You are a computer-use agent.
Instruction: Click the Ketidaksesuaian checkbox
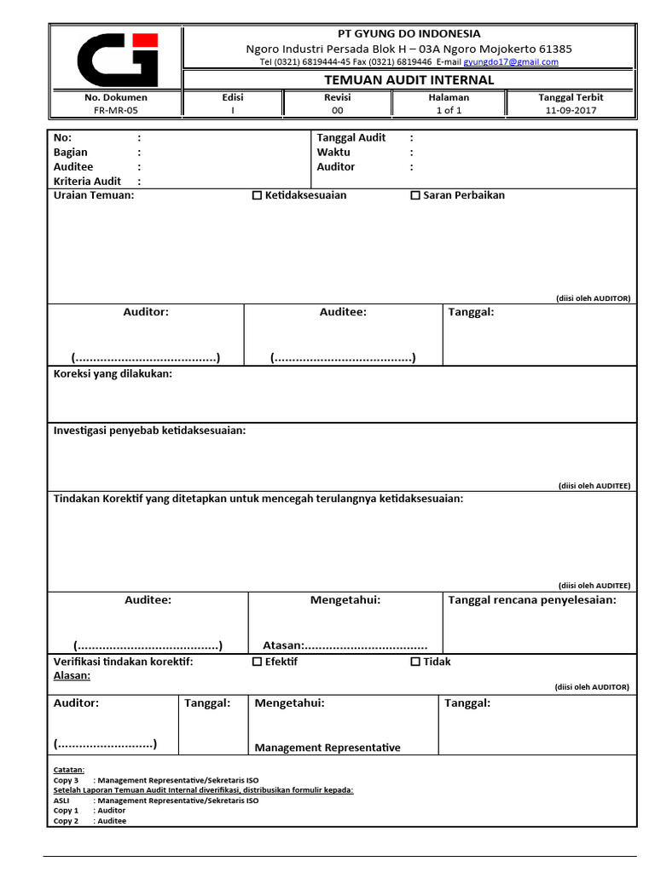coord(258,195)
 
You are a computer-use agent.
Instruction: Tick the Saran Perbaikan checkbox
coord(415,195)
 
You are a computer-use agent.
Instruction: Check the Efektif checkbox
coord(258,662)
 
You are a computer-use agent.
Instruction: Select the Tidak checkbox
coord(415,662)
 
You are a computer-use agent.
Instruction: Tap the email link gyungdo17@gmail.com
coord(511,62)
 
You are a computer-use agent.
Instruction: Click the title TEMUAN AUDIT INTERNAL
coord(409,80)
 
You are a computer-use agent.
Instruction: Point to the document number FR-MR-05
coord(115,110)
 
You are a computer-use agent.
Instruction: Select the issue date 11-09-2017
coord(571,110)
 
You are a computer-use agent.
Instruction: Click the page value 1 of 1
coord(449,110)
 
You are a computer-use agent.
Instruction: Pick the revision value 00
coord(337,110)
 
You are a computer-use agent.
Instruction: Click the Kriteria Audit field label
coord(87,182)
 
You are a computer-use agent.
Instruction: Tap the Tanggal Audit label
coord(351,137)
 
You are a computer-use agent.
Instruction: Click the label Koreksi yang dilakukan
coord(113,373)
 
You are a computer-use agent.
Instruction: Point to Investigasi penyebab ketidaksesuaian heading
coord(149,431)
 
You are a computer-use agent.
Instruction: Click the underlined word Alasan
coord(72,675)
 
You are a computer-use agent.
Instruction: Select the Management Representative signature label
coord(327,748)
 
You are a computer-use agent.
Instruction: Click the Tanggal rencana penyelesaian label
coord(532,600)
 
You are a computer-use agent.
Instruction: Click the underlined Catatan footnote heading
coord(69,770)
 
